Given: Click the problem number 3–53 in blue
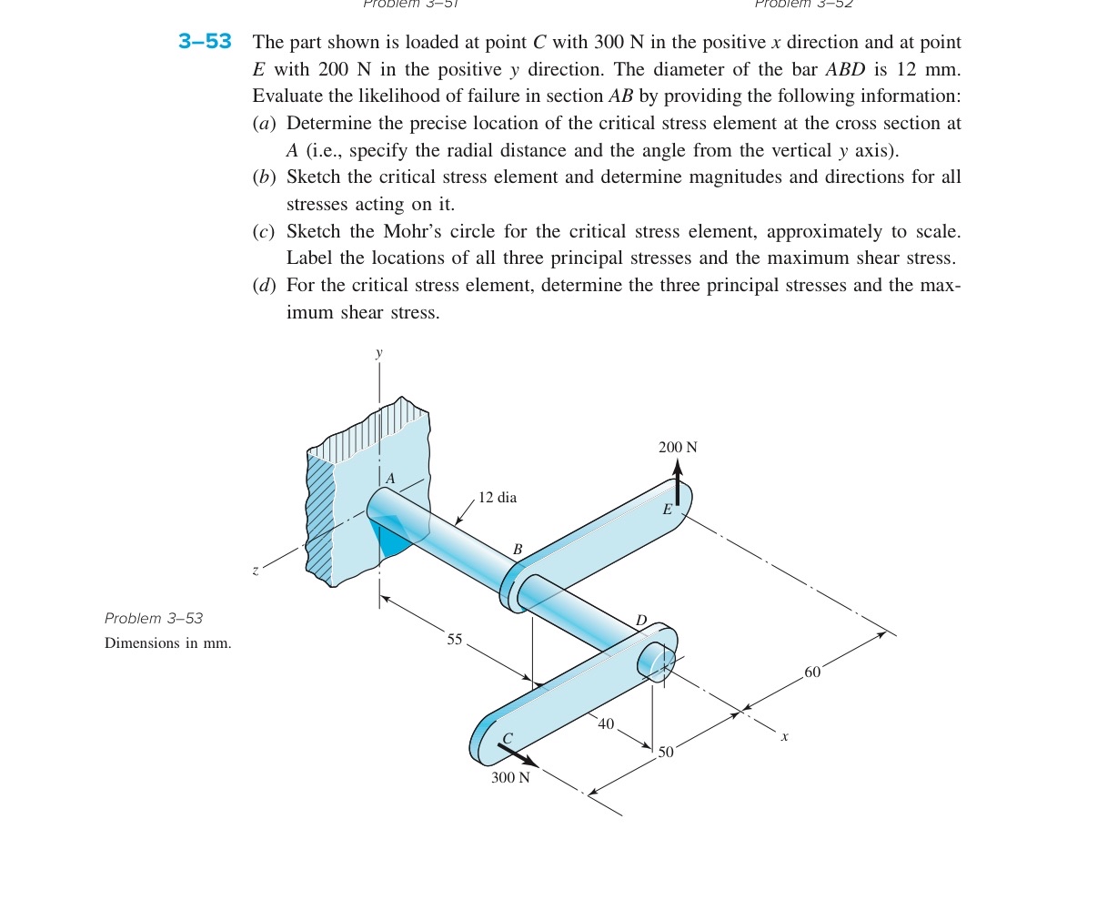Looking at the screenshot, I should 205,42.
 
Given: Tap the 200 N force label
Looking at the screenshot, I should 678,447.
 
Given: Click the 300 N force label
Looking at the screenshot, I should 510,777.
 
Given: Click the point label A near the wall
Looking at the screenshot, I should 390,479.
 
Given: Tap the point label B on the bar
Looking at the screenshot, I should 518,550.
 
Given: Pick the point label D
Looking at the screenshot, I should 640,621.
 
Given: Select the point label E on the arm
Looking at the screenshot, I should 667,511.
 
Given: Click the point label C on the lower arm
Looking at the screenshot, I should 508,738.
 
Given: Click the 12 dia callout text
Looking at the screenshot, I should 498,498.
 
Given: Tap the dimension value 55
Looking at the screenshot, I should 455,640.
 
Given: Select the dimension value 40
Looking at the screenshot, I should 606,723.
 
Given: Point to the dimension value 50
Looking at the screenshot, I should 666,752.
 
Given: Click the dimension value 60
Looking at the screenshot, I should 811,672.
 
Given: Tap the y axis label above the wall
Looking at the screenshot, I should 379,352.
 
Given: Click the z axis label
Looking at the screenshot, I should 256,571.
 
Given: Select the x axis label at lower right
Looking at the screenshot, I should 784,735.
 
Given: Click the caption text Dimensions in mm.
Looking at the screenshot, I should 168,643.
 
